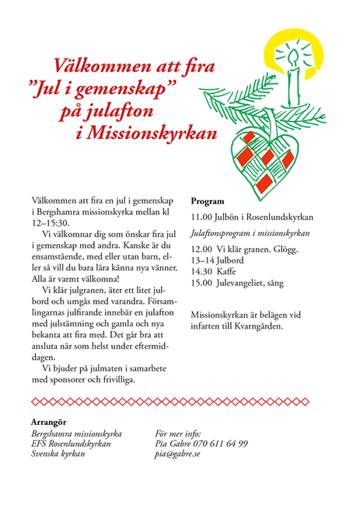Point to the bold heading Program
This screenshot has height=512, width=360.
[208, 200]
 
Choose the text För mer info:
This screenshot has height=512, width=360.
[180, 433]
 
